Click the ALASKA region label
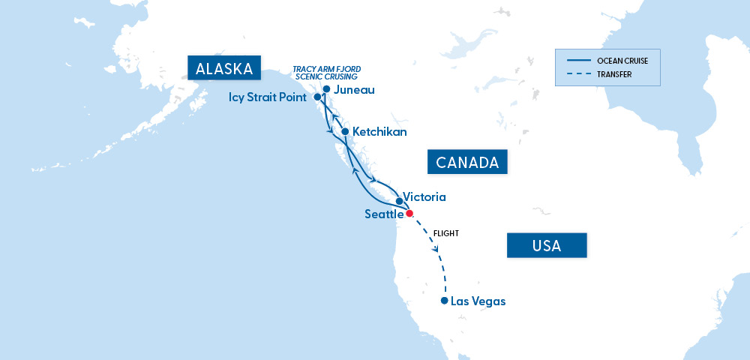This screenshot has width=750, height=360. [223, 69]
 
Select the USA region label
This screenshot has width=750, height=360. [546, 245]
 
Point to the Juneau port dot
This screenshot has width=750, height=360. [326, 89]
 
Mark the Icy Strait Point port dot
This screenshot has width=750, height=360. [317, 97]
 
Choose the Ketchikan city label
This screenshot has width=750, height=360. [379, 132]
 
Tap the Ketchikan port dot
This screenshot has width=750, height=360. [345, 132]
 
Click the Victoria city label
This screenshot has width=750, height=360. [424, 197]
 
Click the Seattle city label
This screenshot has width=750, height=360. [384, 214]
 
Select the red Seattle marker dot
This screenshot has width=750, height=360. [409, 213]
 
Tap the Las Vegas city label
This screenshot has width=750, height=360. [478, 301]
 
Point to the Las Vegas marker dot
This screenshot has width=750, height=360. [445, 301]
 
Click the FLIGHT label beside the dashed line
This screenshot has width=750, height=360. [445, 234]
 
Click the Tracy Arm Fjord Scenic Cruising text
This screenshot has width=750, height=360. [327, 73]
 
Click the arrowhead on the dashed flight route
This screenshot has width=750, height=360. [436, 248]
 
